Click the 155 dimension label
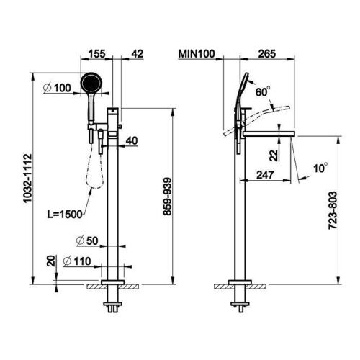(x=97, y=54)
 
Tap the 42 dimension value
(x=138, y=54)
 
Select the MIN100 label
(x=197, y=54)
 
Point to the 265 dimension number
(x=267, y=54)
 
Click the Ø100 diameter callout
(x=57, y=88)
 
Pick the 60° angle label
(x=263, y=91)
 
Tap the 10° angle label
(x=320, y=168)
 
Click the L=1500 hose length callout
(x=65, y=215)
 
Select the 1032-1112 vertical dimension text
(x=27, y=179)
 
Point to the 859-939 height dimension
(x=167, y=197)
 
